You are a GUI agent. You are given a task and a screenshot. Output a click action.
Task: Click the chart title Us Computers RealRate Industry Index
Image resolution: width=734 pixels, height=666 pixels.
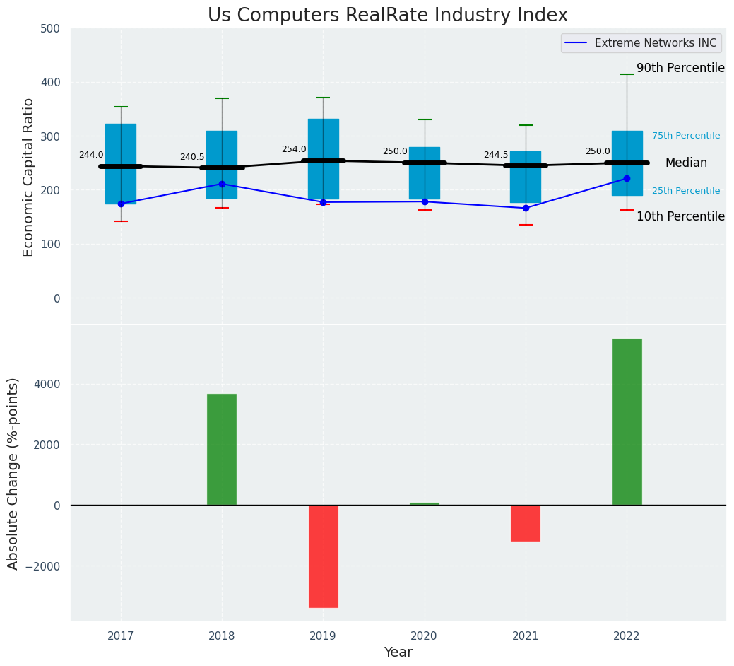click(x=387, y=15)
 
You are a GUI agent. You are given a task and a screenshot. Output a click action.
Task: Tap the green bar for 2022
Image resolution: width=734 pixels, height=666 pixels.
click(x=627, y=421)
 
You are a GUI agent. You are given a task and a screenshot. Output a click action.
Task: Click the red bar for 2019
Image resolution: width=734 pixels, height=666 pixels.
click(x=323, y=556)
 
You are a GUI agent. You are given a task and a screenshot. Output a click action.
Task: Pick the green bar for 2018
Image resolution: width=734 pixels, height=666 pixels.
click(x=222, y=449)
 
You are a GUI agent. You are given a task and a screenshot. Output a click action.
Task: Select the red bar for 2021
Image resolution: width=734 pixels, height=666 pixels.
click(x=526, y=523)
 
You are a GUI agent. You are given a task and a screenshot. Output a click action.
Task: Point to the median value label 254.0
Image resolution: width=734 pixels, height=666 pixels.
click(x=294, y=149)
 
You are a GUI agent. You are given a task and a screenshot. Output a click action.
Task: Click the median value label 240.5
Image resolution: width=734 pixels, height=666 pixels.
click(x=192, y=157)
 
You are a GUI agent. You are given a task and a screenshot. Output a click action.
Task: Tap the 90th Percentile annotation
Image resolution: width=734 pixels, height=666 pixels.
click(x=680, y=68)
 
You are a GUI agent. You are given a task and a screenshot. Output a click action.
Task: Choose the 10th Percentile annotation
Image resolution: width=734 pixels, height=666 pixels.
click(x=680, y=216)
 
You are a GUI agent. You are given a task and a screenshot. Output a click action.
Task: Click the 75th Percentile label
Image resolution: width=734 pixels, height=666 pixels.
click(x=686, y=136)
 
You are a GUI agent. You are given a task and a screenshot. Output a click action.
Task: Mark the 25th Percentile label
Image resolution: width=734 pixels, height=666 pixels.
click(x=686, y=191)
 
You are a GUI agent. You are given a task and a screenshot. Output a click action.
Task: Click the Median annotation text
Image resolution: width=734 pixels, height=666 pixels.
click(x=686, y=163)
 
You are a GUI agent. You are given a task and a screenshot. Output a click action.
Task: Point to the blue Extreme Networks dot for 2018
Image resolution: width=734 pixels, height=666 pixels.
click(x=222, y=184)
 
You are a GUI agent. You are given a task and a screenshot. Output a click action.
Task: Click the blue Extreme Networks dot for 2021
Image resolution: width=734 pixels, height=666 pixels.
click(x=526, y=208)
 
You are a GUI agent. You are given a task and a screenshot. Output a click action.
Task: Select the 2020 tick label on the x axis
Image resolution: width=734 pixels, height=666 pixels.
click(x=425, y=636)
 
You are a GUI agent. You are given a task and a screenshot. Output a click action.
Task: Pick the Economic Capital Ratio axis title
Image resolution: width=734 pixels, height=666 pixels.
click(x=29, y=177)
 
